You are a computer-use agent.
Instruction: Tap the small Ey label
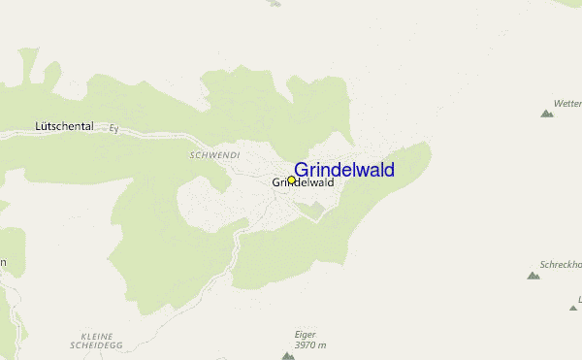click(113, 127)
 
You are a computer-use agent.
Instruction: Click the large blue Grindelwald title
click(344, 170)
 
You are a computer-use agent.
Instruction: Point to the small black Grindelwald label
click(303, 182)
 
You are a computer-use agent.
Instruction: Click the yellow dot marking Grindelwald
click(291, 180)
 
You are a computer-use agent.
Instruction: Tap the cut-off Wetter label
click(566, 102)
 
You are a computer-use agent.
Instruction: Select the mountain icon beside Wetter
click(547, 114)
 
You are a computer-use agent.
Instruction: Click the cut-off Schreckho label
click(561, 264)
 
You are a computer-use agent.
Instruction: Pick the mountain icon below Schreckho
click(533, 276)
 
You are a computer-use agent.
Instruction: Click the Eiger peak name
click(306, 335)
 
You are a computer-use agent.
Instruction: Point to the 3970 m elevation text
click(310, 345)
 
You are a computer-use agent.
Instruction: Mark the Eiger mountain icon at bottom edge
click(288, 356)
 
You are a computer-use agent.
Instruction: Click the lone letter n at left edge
click(4, 262)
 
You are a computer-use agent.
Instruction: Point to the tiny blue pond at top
click(275, 3)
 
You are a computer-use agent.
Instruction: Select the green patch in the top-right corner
click(567, 5)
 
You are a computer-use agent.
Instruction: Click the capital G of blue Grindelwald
click(302, 170)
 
